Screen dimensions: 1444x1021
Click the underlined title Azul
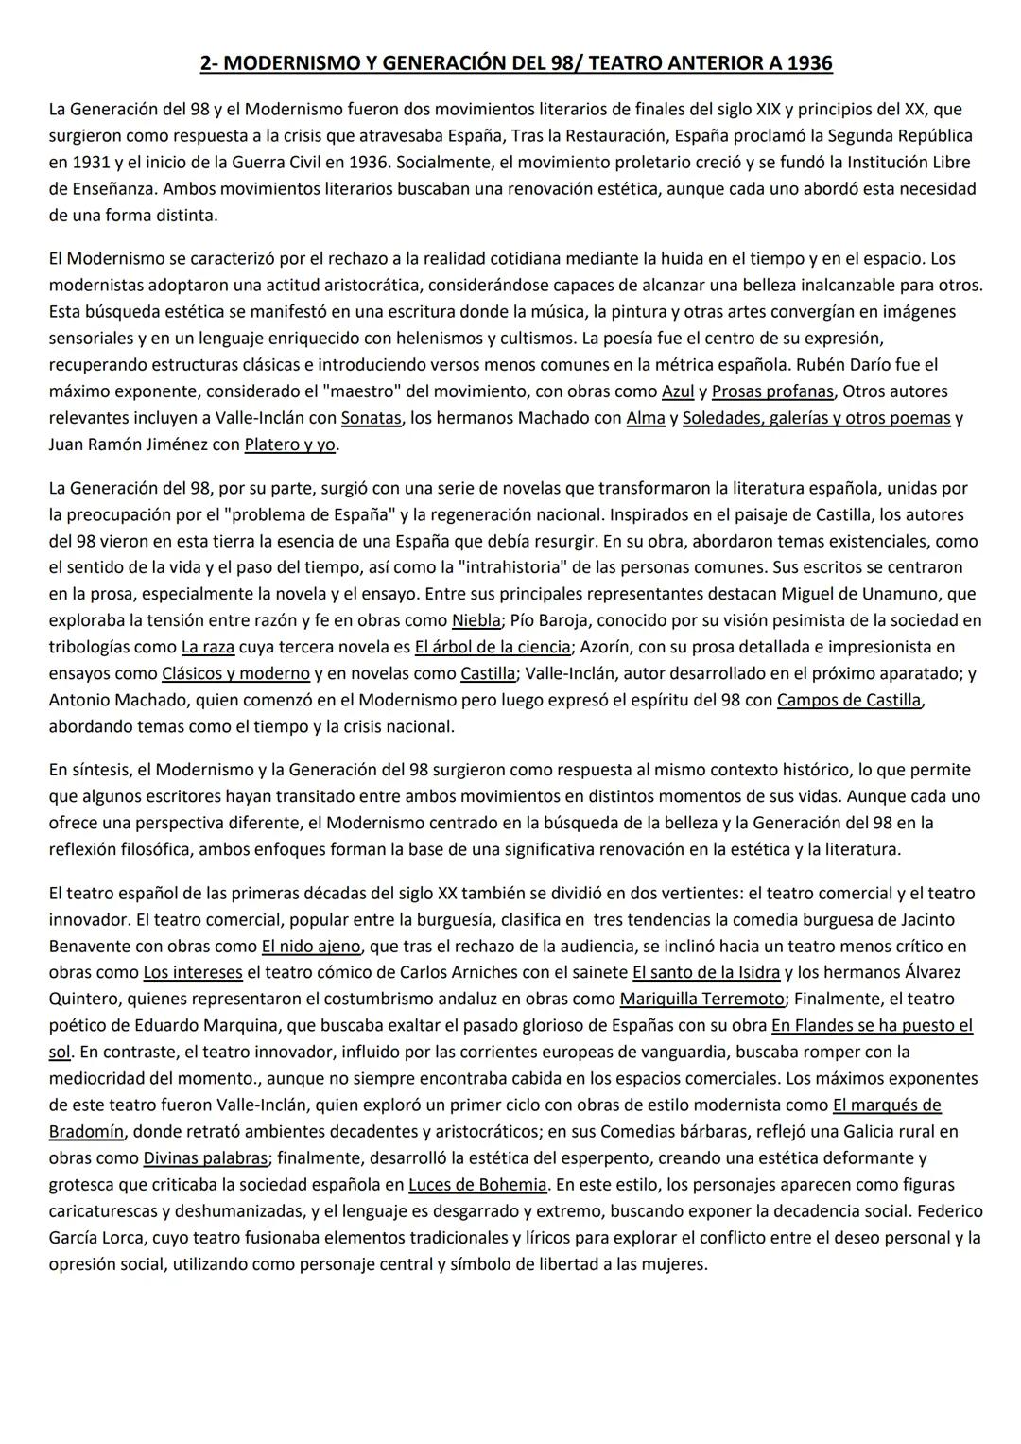pos(678,391)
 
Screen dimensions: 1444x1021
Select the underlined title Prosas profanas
pos(772,391)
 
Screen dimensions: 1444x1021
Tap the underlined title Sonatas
pos(372,418)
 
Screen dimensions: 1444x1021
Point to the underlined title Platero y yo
pos(290,444)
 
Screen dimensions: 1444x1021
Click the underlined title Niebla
pos(476,621)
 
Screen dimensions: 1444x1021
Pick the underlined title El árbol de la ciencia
pos(493,648)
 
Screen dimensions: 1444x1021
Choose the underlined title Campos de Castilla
pos(848,701)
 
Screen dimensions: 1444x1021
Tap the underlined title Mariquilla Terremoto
pos(701,1000)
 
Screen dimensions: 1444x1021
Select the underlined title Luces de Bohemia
pos(477,1185)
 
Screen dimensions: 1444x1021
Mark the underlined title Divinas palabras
pos(205,1158)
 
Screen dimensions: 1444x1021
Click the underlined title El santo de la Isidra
pos(706,973)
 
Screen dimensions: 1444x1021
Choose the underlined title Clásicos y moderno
pos(235,674)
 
